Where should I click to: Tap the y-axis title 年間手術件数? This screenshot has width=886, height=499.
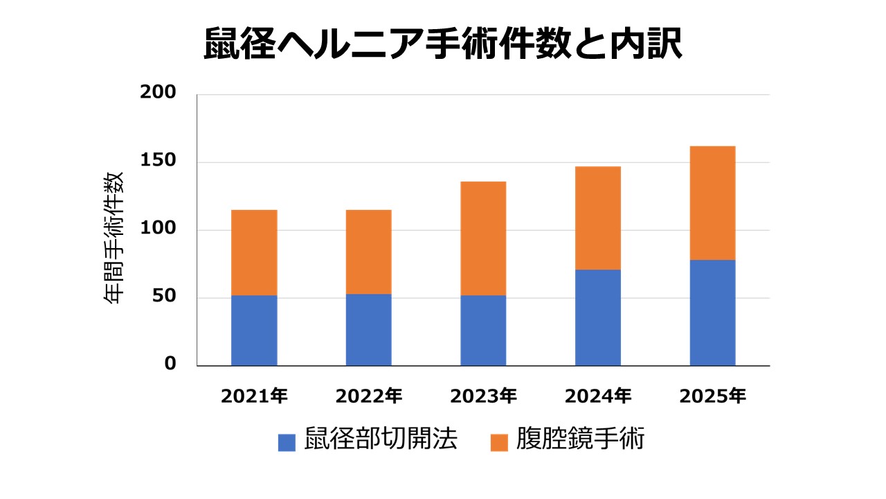[114, 237]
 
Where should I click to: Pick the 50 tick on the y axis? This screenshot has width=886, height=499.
[164, 297]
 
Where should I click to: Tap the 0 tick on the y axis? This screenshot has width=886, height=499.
[170, 365]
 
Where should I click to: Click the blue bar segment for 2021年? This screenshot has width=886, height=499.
[254, 331]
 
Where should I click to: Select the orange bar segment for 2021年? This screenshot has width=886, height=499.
[254, 252]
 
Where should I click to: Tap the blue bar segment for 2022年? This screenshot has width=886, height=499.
[368, 330]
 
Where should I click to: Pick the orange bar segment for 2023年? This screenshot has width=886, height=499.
[483, 238]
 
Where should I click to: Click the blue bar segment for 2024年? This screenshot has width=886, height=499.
[598, 317]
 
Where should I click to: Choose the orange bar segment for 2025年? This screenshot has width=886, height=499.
[712, 203]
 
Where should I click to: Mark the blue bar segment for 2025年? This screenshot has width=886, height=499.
[712, 313]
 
